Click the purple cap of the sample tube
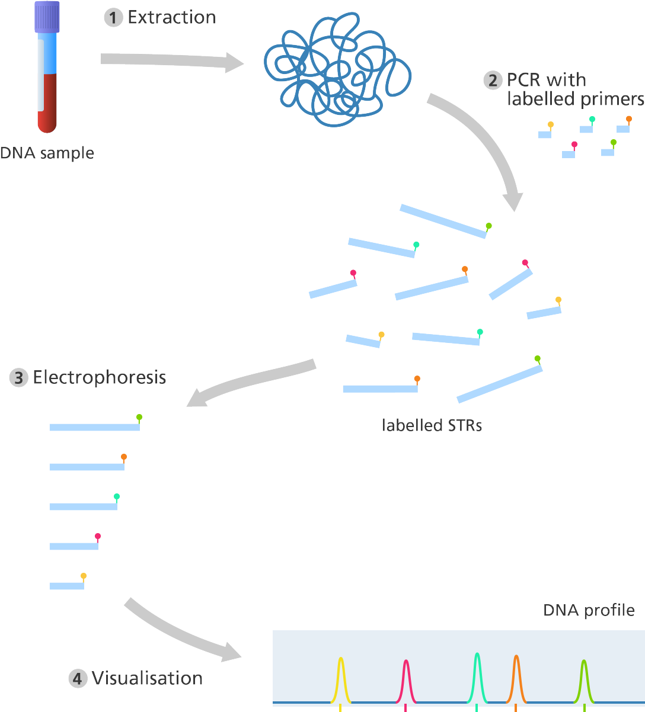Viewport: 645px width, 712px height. [x=47, y=17]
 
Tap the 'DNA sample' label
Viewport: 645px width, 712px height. [x=47, y=153]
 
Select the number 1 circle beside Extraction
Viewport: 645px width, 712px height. [x=112, y=18]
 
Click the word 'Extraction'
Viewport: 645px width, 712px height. [x=171, y=18]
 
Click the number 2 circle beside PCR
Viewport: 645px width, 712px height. [x=492, y=80]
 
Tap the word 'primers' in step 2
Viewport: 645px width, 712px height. [x=612, y=99]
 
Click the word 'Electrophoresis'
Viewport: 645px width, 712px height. [x=99, y=377]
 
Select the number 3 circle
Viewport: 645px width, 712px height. [x=18, y=377]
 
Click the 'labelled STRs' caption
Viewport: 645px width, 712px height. [x=432, y=425]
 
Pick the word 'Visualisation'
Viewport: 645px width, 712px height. [x=147, y=678]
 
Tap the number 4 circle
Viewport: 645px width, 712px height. [x=78, y=678]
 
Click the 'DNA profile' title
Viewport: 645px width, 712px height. [x=589, y=610]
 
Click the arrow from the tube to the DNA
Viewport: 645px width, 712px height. [x=172, y=60]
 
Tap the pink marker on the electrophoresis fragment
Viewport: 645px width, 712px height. [x=98, y=536]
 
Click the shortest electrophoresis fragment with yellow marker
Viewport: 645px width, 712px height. [x=66, y=586]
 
